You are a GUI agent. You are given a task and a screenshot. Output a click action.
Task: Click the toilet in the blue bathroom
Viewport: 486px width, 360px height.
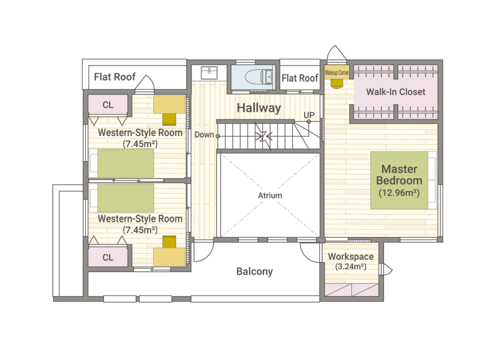[x=259, y=77]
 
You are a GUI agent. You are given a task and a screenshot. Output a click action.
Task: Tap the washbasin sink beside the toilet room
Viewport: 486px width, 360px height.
[x=209, y=73]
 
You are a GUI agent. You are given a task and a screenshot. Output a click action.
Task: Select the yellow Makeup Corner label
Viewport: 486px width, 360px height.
[x=337, y=72]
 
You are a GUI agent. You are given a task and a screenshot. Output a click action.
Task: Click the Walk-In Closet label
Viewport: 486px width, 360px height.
[x=396, y=92]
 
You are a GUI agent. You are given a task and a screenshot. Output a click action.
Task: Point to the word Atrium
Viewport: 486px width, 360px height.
[x=270, y=195]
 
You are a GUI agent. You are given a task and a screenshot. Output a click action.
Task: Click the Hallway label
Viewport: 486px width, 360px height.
[x=259, y=108]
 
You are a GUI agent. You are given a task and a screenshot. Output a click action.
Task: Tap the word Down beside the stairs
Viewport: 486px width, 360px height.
[x=204, y=135]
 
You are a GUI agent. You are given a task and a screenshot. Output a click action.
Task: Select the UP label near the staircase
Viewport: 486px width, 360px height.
[x=309, y=115]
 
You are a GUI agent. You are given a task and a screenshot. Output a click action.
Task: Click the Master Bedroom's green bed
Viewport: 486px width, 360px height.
[x=403, y=180]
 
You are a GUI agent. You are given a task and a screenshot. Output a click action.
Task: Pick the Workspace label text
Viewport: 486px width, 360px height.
[x=351, y=257]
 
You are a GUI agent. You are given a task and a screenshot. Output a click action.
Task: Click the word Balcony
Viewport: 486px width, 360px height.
[x=255, y=272]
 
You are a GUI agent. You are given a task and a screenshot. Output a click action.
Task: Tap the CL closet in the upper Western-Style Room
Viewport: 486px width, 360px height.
[x=108, y=105]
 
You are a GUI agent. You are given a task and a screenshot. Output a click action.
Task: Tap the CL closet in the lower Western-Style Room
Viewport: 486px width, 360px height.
[x=108, y=257]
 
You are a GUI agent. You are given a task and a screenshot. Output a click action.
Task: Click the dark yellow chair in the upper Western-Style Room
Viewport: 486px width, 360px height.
[x=169, y=120]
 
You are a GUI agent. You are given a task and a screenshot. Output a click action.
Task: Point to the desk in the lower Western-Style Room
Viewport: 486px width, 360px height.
[x=169, y=257]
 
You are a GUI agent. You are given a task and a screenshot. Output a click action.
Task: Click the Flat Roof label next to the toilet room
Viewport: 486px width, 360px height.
[x=300, y=78]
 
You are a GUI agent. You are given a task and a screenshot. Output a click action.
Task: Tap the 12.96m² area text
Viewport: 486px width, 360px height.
[x=399, y=193]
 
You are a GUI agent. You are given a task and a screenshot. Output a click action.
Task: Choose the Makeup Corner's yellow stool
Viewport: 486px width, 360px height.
[x=337, y=84]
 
